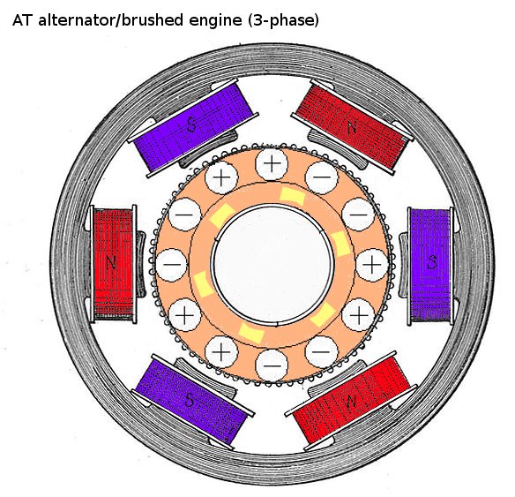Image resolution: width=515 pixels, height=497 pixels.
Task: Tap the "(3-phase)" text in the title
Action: (283, 21)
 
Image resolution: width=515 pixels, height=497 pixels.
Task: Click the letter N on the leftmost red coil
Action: (111, 263)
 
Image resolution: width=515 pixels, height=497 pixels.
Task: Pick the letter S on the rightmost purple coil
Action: (432, 262)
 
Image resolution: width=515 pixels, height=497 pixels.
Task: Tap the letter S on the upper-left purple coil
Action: (191, 124)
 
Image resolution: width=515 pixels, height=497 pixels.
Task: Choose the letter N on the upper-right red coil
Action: (352, 127)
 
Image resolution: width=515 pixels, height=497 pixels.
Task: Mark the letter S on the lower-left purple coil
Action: (190, 400)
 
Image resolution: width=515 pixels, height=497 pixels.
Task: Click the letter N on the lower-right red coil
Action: (351, 402)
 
